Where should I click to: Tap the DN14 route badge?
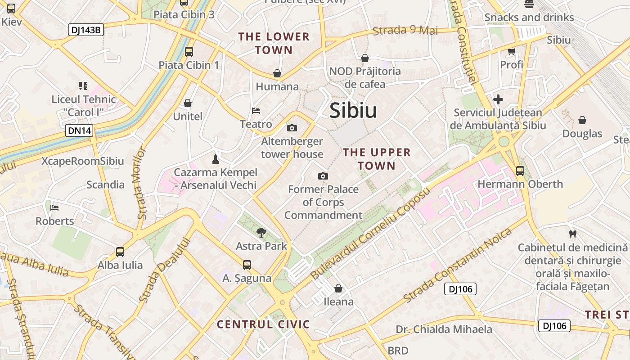click(x=80, y=131)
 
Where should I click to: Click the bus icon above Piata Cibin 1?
click(x=189, y=52)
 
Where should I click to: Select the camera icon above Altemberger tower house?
click(x=292, y=128)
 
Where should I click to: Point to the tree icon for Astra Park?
click(x=261, y=233)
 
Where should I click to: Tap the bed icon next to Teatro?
click(x=256, y=111)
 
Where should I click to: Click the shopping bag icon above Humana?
click(x=277, y=73)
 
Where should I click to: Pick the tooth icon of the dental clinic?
click(x=573, y=234)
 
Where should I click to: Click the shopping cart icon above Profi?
click(x=511, y=52)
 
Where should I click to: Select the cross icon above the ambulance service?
click(x=498, y=99)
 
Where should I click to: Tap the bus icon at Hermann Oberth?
click(x=520, y=171)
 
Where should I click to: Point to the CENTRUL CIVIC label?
click(x=263, y=324)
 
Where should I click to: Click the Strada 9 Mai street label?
click(x=405, y=31)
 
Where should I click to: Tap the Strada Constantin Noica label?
click(x=458, y=266)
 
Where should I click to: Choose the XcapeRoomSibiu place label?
click(x=83, y=161)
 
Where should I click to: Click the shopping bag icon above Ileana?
click(x=338, y=288)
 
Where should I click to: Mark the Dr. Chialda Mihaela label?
click(x=444, y=329)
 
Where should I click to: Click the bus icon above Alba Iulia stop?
click(x=120, y=252)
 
